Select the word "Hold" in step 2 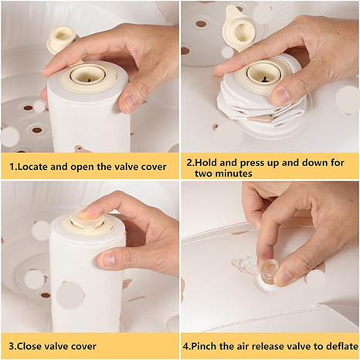(x=206, y=162)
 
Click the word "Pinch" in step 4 (x=204, y=346)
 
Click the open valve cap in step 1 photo (x=63, y=39)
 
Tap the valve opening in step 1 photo (x=88, y=76)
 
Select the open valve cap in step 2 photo (x=239, y=29)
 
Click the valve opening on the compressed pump (x=264, y=73)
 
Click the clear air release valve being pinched (x=269, y=273)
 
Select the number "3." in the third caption (x=13, y=346)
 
